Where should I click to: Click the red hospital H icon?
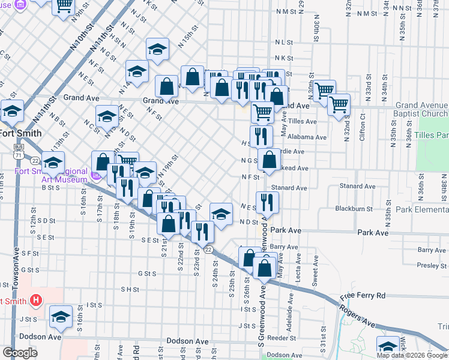click(37, 299)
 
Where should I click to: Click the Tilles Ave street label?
click(303, 121)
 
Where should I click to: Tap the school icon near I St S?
click(61, 316)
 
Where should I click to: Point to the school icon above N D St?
click(221, 213)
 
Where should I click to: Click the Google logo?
click(20, 353)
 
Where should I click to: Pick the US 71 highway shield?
click(19, 155)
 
